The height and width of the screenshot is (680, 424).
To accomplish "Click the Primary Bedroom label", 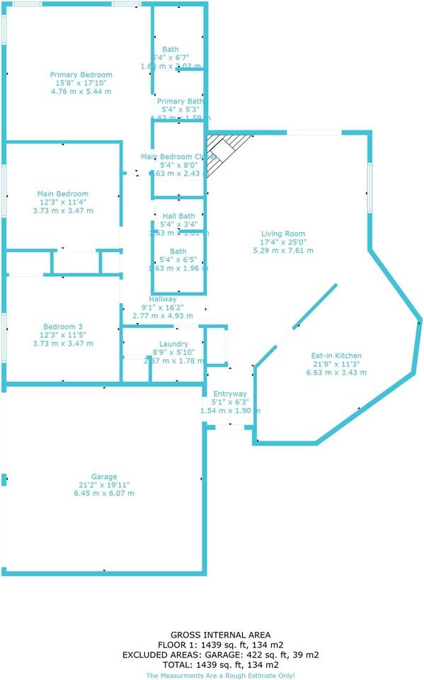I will [81, 74].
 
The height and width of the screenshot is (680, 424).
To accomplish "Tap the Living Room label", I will [282, 234].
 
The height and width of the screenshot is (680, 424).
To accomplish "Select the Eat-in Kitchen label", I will [337, 356].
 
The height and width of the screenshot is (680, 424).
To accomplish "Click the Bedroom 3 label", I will [63, 327].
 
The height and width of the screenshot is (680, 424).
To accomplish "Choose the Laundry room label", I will [173, 344].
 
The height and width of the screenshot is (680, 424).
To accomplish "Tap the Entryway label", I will [230, 393].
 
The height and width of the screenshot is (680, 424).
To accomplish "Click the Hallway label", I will [162, 300].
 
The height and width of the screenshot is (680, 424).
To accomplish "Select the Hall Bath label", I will [178, 216].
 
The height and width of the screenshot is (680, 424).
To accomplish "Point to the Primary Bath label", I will [180, 101].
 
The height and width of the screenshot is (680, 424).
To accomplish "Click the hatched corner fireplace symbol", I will [229, 155].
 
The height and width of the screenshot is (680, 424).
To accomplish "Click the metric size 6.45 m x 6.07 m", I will [104, 494].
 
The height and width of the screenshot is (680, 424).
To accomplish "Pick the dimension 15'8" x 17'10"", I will [81, 83].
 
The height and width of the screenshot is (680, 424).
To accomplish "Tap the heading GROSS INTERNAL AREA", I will [210, 635].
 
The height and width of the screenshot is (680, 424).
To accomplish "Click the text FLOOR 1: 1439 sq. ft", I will [210, 645].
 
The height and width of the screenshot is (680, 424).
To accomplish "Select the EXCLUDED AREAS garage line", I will [210, 655].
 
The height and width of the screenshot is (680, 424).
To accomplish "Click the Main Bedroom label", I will [63, 193].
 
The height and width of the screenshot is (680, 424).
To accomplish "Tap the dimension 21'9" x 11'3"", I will [337, 364].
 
